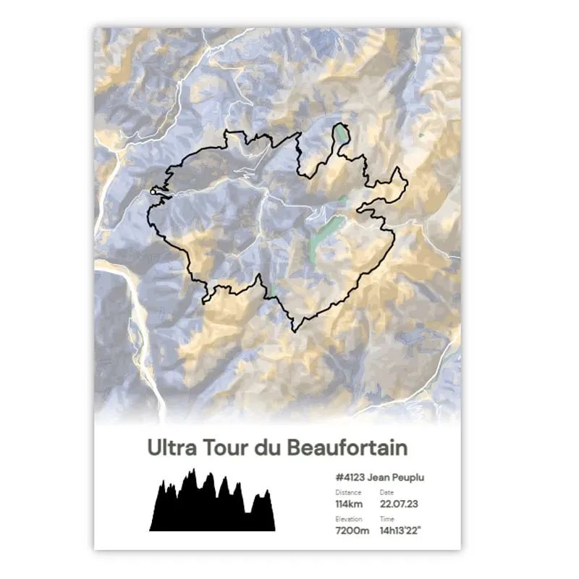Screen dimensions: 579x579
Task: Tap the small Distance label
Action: coord(348,492)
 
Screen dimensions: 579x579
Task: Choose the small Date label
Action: coord(386,492)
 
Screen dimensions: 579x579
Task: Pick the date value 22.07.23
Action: coord(399,504)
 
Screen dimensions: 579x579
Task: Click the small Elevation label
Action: coord(349,519)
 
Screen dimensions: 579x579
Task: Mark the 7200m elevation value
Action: coord(352,531)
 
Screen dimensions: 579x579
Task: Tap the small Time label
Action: coord(386,519)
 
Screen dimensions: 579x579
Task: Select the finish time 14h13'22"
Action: coord(403,531)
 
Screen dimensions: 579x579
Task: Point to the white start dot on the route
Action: coord(155,193)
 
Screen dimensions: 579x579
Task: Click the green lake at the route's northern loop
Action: coord(340,134)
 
